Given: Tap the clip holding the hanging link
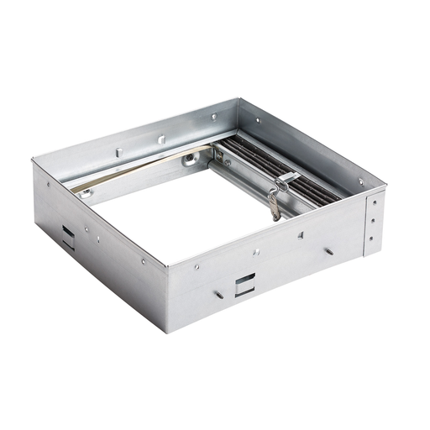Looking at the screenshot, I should click(286, 178).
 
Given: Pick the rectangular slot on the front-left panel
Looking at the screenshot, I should click(67, 233).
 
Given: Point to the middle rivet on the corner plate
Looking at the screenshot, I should click(372, 223).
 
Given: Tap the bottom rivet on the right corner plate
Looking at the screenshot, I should click(371, 241).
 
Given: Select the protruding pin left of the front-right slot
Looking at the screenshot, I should click(217, 294).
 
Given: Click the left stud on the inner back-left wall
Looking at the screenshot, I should click(118, 150).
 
